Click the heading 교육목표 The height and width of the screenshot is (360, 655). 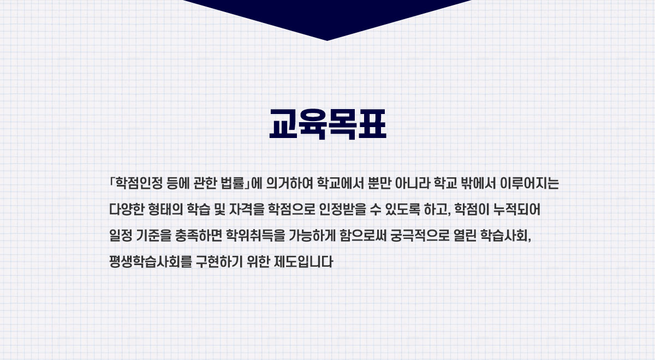coord(328,124)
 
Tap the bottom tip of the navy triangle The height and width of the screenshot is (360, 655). coord(327,40)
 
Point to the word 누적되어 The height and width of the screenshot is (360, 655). coord(517,209)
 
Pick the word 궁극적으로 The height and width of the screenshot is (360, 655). coord(420,235)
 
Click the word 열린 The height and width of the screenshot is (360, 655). coord(465,235)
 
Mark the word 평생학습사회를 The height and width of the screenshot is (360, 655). coord(150,261)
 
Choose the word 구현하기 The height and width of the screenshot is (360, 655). coord(219,261)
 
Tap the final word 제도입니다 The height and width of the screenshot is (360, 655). coord(303,261)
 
